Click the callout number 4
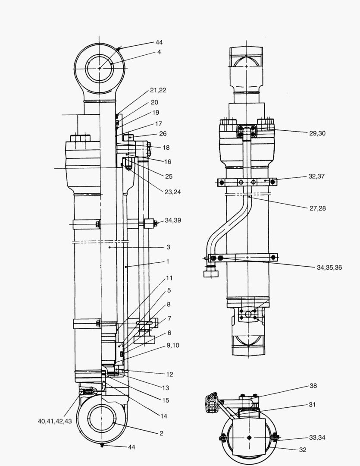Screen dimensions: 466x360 [159, 52]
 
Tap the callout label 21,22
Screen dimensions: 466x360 [158, 90]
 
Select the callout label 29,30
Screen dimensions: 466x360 [317, 133]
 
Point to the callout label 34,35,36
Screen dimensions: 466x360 [329, 268]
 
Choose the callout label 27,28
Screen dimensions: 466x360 [317, 208]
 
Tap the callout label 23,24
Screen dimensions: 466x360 [172, 192]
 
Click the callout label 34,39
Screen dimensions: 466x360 [173, 220]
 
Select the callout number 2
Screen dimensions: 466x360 [161, 433]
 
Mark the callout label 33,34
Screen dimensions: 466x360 [317, 438]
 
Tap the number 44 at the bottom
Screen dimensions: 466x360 [131, 447]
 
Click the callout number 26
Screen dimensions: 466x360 [163, 134]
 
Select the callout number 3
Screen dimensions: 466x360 [168, 247]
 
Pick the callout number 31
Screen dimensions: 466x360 [313, 404]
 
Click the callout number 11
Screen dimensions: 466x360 [169, 278]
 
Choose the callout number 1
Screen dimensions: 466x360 [168, 261]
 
